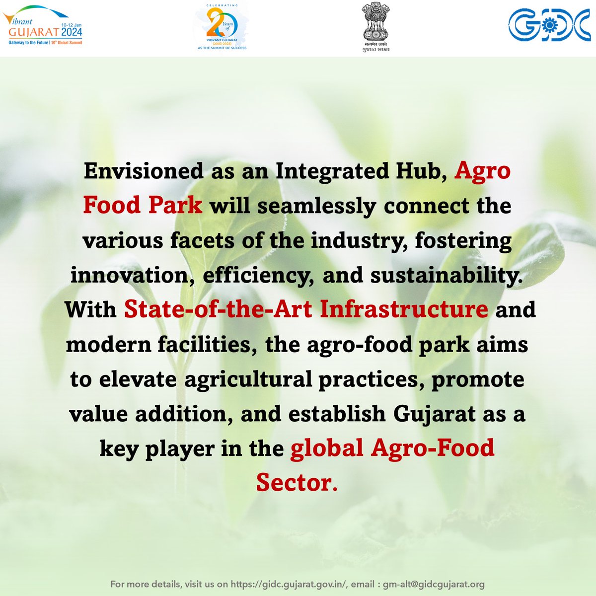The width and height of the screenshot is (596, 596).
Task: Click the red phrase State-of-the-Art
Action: click(x=219, y=309)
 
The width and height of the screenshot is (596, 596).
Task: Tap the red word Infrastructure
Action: click(x=404, y=309)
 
